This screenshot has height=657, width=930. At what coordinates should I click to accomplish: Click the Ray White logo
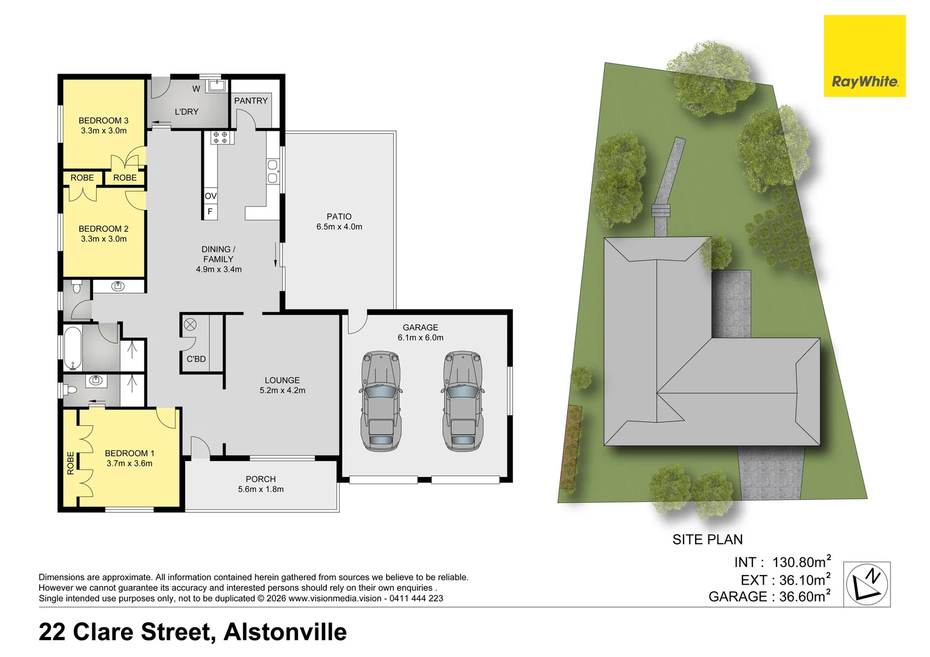tap(864, 56)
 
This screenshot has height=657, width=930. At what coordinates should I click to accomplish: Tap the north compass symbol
tap(867, 584)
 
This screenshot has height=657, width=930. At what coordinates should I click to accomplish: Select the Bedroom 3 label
tap(103, 121)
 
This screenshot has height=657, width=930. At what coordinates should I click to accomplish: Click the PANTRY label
tap(251, 101)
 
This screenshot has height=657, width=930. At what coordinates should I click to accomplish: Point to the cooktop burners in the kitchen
tap(220, 138)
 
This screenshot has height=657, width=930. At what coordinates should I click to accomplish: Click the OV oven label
tap(211, 196)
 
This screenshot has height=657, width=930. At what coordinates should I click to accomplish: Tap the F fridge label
tap(210, 212)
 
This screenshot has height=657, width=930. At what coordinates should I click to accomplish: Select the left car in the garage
tap(381, 401)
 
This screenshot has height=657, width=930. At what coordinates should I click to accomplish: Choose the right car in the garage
tap(462, 401)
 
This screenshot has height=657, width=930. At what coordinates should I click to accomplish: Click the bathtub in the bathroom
tap(72, 349)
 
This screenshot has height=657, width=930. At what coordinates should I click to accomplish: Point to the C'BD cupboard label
tap(196, 359)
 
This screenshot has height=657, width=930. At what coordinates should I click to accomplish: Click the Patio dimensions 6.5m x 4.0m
tap(339, 227)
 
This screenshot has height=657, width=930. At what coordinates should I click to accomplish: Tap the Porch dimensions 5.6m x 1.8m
tap(260, 489)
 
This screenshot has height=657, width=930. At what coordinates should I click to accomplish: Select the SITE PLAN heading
tap(707, 540)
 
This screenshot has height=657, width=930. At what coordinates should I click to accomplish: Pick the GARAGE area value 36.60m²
tap(805, 596)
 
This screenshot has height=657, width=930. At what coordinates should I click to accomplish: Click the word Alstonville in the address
tap(285, 632)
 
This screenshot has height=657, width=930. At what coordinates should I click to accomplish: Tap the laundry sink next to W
tap(217, 86)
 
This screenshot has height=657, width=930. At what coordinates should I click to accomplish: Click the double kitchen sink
tap(272, 171)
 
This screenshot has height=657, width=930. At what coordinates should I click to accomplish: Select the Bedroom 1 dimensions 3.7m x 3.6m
tap(130, 464)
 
